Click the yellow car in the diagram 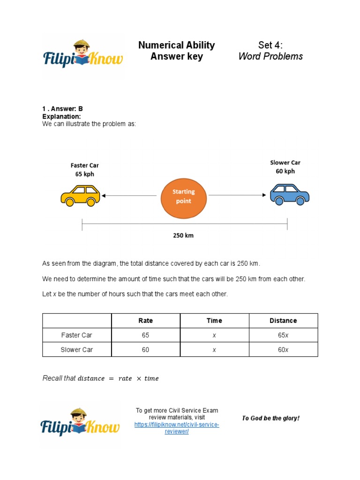[80, 195]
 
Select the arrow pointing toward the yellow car [129, 195]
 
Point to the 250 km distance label [183, 236]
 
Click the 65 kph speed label [85, 174]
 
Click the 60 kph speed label [285, 171]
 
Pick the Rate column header [145, 321]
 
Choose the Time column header [214, 321]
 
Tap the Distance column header [283, 321]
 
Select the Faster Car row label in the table [77, 335]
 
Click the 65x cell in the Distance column [283, 335]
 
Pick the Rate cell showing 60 [145, 350]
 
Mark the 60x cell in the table [283, 350]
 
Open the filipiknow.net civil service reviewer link [177, 428]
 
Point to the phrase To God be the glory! [270, 418]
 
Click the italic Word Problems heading [270, 57]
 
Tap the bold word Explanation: [61, 116]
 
